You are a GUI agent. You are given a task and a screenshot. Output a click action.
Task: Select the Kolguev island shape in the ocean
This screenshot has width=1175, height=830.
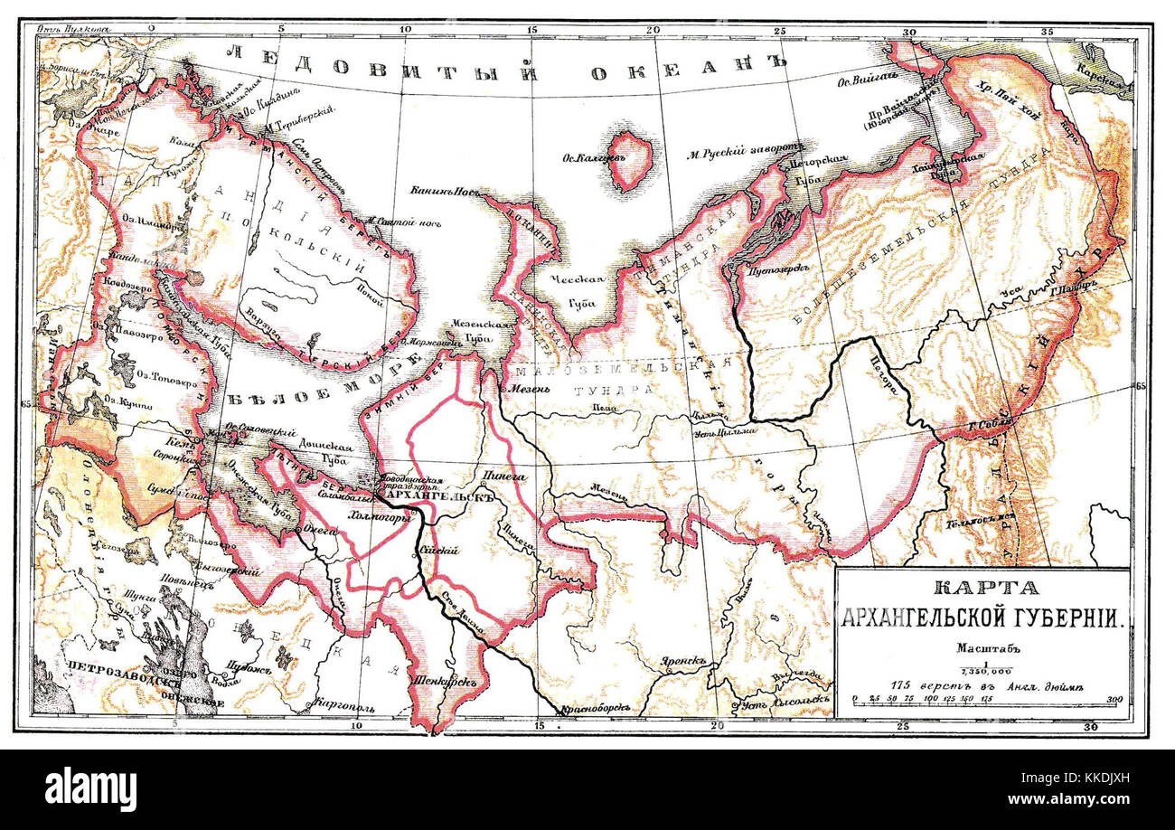point(631,160)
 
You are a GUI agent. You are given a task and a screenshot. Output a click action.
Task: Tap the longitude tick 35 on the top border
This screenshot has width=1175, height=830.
point(1048,31)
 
